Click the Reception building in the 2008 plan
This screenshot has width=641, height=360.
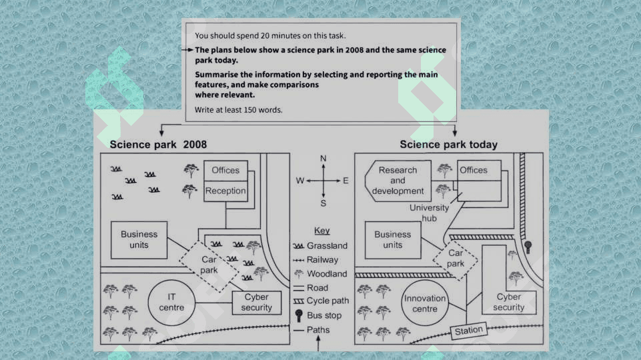point(225,191)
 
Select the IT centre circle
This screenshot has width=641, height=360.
point(171,302)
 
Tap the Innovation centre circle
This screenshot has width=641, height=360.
point(425,303)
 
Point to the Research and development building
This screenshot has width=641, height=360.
point(398,181)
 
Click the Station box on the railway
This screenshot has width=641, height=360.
point(469,331)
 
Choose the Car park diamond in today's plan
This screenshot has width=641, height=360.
point(456,259)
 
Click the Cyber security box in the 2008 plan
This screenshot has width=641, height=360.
point(257,302)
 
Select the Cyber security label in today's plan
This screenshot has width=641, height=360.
point(509,302)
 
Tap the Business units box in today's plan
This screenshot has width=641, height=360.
point(393,240)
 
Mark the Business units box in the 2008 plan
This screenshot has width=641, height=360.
point(139,240)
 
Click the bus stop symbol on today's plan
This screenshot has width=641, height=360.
point(528,247)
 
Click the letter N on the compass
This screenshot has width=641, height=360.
point(324,159)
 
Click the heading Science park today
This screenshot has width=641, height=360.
point(448,145)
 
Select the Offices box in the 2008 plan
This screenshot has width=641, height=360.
point(225,171)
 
